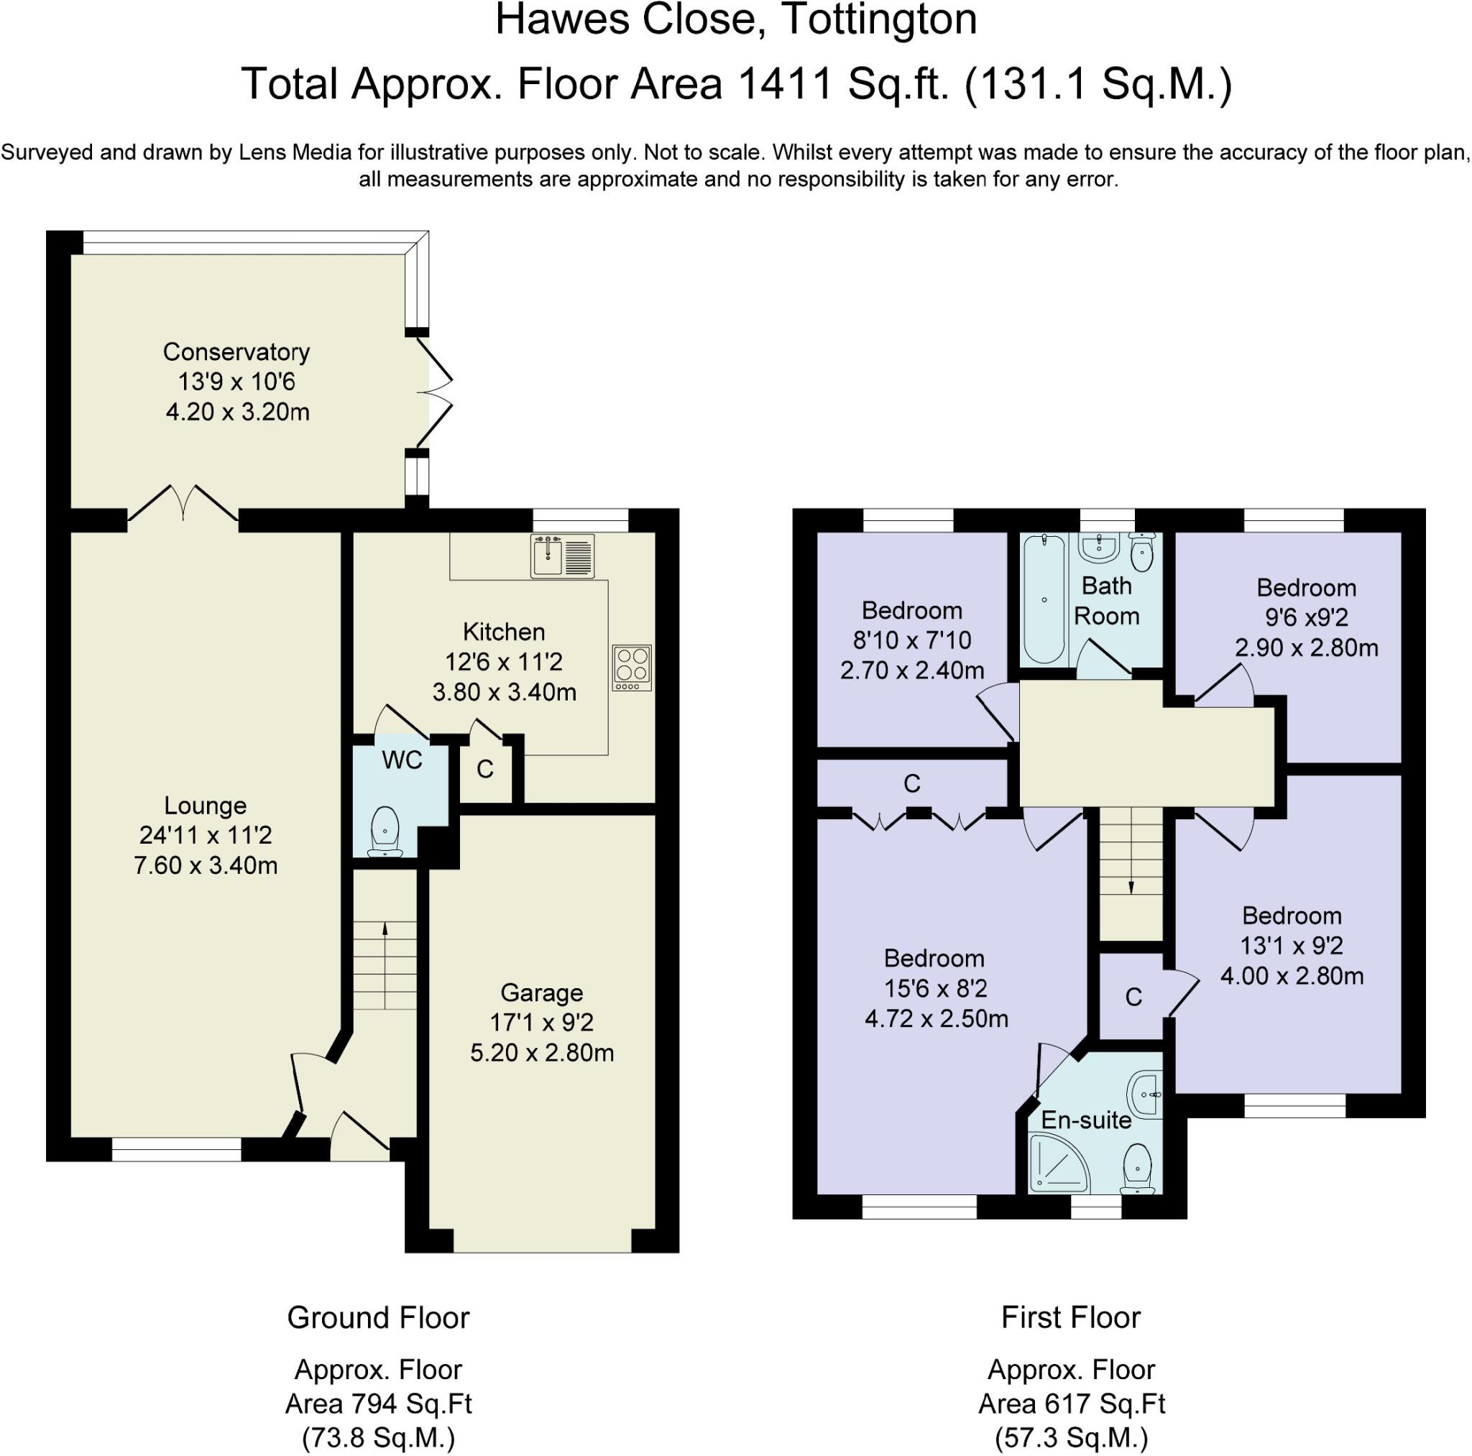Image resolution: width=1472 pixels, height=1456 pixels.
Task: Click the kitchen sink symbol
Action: click(x=562, y=556)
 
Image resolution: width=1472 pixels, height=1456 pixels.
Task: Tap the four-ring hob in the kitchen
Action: click(x=632, y=668)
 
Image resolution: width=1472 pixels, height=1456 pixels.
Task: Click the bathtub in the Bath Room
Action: click(x=1044, y=599)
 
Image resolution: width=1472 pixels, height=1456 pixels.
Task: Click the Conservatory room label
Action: click(x=236, y=352)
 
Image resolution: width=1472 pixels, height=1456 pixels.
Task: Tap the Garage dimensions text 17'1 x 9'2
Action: click(x=542, y=1023)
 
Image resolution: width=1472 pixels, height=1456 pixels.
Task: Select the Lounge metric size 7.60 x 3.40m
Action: click(x=206, y=865)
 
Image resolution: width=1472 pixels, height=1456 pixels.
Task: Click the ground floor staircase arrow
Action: click(x=385, y=928)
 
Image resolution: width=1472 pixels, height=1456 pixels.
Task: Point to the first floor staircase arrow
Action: click(x=1131, y=887)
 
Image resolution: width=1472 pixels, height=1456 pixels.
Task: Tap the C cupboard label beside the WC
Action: click(x=485, y=770)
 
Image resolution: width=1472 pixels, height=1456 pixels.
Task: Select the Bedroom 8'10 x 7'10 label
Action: click(x=911, y=610)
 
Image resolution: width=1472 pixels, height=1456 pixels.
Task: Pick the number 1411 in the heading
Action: click(x=786, y=84)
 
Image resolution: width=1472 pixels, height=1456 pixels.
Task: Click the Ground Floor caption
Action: click(x=378, y=1317)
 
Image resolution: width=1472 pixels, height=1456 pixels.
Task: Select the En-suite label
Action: click(x=1086, y=1120)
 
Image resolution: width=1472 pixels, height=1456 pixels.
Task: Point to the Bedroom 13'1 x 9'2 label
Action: click(x=1292, y=916)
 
